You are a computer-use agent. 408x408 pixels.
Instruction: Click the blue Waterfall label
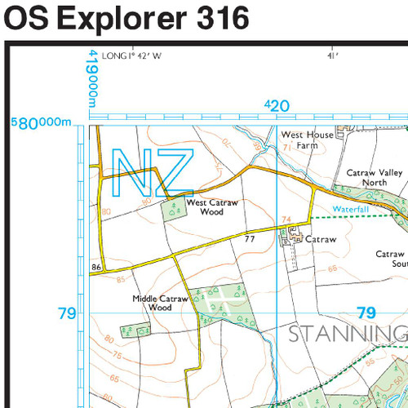point(351,210)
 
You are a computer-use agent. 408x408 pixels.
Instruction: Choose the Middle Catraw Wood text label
point(160,303)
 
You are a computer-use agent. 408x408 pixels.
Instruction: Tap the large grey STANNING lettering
point(347,335)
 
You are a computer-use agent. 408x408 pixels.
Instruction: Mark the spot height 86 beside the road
point(96,267)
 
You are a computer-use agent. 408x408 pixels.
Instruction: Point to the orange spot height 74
point(286,219)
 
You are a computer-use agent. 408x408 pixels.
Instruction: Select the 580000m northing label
point(42,123)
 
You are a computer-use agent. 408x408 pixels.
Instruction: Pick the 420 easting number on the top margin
point(277,105)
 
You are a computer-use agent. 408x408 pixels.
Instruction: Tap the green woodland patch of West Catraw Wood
point(174,210)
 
